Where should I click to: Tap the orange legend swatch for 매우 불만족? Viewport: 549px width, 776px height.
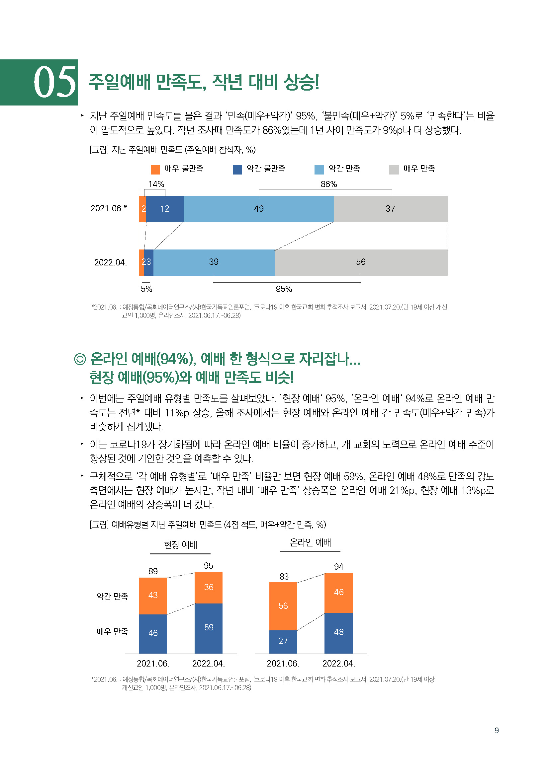coord(155,169)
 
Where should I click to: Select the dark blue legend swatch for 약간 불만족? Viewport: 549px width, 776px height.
coord(237,169)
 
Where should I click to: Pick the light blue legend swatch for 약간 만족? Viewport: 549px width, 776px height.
coord(319,169)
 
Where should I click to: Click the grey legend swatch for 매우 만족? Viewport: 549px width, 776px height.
coord(394,169)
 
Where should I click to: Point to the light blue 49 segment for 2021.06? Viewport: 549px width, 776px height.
coord(259,209)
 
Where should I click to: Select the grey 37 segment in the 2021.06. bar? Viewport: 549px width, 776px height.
coord(390,209)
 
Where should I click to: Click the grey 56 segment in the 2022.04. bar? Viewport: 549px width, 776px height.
coord(361,262)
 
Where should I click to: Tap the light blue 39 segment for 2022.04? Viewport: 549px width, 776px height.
coord(214,262)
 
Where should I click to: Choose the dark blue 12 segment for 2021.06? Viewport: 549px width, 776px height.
coord(165,209)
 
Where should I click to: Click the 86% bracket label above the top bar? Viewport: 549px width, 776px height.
coord(328,184)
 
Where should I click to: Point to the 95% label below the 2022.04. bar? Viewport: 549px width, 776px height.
coord(284,289)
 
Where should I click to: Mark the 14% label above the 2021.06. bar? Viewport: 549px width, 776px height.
coord(156,184)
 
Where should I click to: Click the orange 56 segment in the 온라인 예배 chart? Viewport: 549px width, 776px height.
coord(283,606)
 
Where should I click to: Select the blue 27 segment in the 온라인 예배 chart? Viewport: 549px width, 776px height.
coord(283,641)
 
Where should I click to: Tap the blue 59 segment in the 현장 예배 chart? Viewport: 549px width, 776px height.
coord(209,628)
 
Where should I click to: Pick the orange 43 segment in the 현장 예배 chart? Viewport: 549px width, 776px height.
coord(153,595)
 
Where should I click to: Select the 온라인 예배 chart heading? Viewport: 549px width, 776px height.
coord(310,543)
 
